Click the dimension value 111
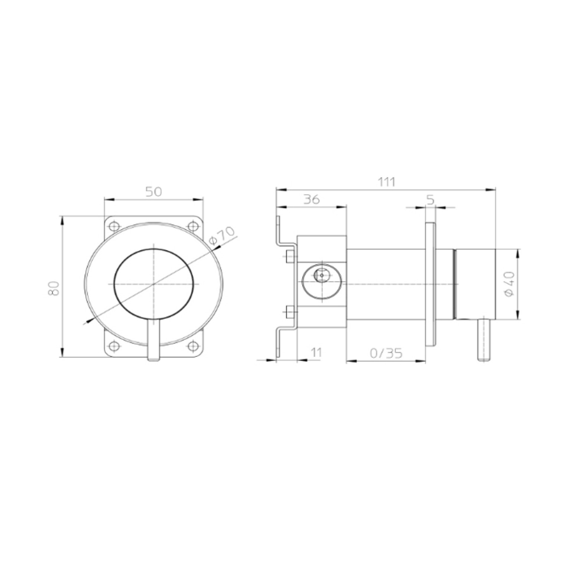pyautogui.click(x=387, y=182)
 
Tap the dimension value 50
pyautogui.click(x=154, y=192)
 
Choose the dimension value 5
pyautogui.click(x=430, y=200)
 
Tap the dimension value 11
pyautogui.click(x=316, y=352)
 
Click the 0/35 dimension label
pyautogui.click(x=386, y=353)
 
